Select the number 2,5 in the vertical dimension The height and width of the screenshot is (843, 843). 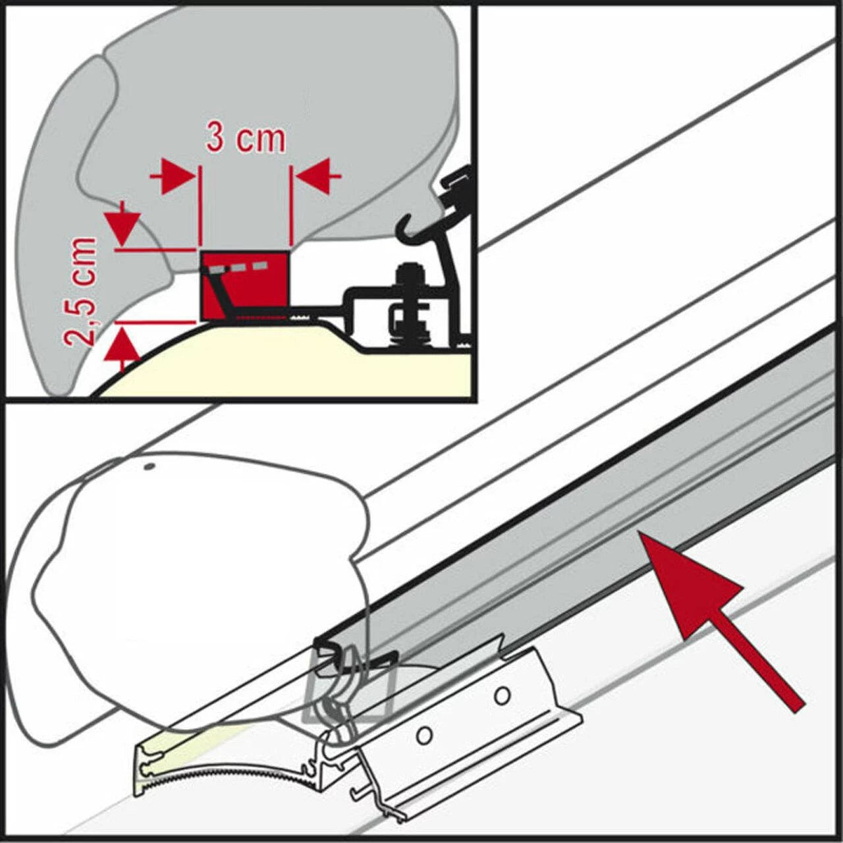[80, 319]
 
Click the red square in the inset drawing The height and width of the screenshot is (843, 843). [244, 285]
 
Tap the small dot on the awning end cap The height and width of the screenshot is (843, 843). [150, 467]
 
